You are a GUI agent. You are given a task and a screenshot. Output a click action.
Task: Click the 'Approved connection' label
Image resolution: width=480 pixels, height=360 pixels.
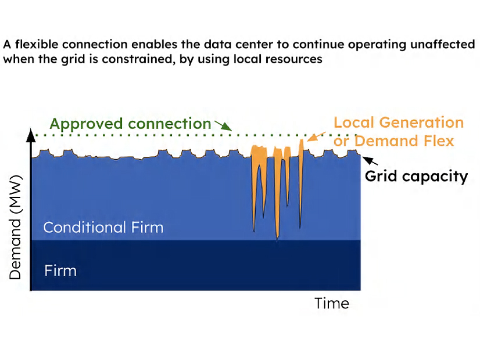click(x=130, y=124)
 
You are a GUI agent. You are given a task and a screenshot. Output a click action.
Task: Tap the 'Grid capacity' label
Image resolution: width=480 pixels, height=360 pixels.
click(x=416, y=176)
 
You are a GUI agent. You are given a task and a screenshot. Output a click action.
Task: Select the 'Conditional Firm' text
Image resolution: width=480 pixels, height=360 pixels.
click(x=103, y=227)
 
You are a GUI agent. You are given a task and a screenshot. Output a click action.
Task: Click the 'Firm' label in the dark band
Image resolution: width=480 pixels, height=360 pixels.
click(x=60, y=271)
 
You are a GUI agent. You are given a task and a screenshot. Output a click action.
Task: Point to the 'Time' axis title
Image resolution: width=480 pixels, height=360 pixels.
click(x=332, y=303)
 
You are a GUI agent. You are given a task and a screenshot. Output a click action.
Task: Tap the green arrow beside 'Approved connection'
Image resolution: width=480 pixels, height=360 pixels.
click(x=223, y=126)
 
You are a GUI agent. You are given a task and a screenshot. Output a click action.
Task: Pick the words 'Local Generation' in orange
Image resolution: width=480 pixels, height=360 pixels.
click(x=399, y=123)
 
